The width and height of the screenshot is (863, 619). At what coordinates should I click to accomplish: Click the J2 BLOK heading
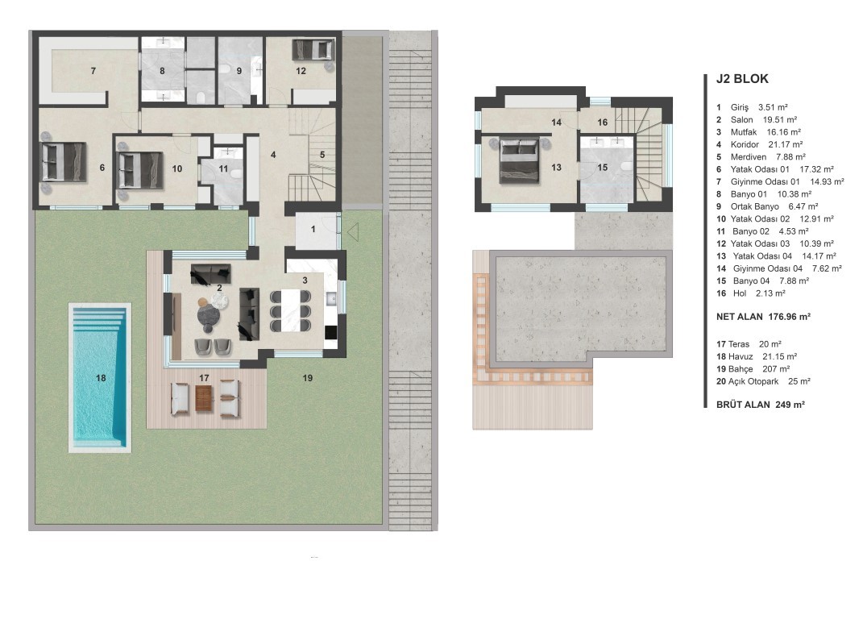click(742, 79)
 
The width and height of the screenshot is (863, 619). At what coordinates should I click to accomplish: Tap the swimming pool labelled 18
click(100, 377)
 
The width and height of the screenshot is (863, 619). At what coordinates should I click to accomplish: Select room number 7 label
click(93, 70)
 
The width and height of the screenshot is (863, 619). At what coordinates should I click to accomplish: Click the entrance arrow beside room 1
click(352, 232)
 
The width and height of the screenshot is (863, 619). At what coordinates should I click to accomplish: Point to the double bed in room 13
click(518, 161)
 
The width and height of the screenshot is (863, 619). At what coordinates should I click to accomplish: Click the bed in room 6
click(64, 161)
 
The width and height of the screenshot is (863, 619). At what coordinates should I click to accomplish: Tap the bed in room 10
click(140, 169)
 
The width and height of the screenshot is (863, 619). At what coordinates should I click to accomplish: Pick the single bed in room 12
click(313, 49)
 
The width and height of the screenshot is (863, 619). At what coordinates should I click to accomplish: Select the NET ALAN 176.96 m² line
click(763, 317)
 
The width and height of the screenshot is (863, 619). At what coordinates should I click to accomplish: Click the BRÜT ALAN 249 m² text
click(760, 405)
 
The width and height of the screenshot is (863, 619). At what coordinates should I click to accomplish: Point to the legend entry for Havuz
click(757, 356)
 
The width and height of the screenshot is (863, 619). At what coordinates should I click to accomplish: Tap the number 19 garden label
click(308, 378)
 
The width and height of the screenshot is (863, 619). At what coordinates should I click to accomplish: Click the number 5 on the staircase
click(322, 155)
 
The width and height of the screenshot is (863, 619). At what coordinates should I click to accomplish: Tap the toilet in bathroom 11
click(236, 173)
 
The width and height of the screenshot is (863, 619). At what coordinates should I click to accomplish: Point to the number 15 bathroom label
click(603, 167)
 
